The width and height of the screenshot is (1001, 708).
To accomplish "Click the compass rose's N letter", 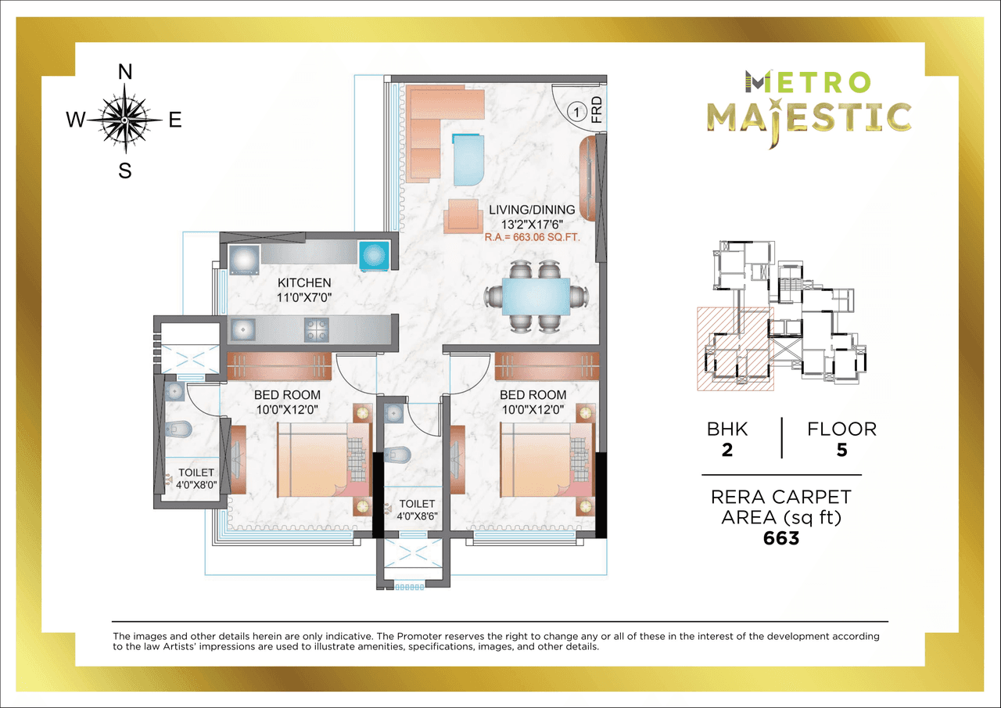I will point(124,72).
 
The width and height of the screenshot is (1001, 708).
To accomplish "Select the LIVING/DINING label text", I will point(532,210).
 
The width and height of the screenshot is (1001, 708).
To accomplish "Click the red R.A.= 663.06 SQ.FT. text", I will point(532,235).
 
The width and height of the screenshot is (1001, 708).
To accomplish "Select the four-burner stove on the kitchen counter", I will point(316,329).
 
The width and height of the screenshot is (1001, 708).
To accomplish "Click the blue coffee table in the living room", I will point(468,160).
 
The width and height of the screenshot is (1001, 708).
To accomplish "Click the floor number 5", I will point(841,451).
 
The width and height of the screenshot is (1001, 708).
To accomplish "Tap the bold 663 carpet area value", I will point(782,538).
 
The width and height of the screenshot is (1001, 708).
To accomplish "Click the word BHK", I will point(727,429).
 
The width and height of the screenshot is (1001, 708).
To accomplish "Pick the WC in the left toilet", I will point(179,429).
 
